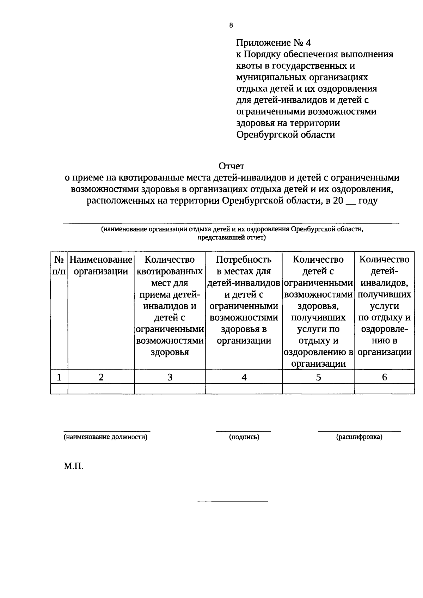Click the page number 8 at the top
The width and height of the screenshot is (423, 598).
click(x=231, y=25)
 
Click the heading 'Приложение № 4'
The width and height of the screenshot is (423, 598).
click(x=274, y=43)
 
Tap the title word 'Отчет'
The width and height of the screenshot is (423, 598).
click(x=231, y=166)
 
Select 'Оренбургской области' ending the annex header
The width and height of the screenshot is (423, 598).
click(x=285, y=134)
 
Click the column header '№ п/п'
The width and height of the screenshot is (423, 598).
click(x=59, y=266)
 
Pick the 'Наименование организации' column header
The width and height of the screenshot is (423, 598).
click(x=101, y=266)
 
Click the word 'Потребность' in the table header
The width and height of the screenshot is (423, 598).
click(x=244, y=260)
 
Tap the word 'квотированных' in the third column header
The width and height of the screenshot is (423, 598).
click(x=170, y=271)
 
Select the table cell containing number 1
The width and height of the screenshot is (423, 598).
click(x=59, y=377)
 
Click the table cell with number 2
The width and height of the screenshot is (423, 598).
click(x=101, y=377)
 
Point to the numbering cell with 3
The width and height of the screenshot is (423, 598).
click(x=170, y=377)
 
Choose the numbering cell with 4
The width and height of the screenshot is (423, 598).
click(x=244, y=377)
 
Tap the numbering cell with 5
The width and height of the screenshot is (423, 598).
click(x=318, y=377)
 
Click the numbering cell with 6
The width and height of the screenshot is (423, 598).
click(x=384, y=377)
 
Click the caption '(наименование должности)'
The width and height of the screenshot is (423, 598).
click(x=105, y=437)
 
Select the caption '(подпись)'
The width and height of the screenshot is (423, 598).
click(x=244, y=437)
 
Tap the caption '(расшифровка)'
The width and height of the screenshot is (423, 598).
click(x=359, y=437)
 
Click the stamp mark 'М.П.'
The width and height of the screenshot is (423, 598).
click(x=74, y=466)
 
